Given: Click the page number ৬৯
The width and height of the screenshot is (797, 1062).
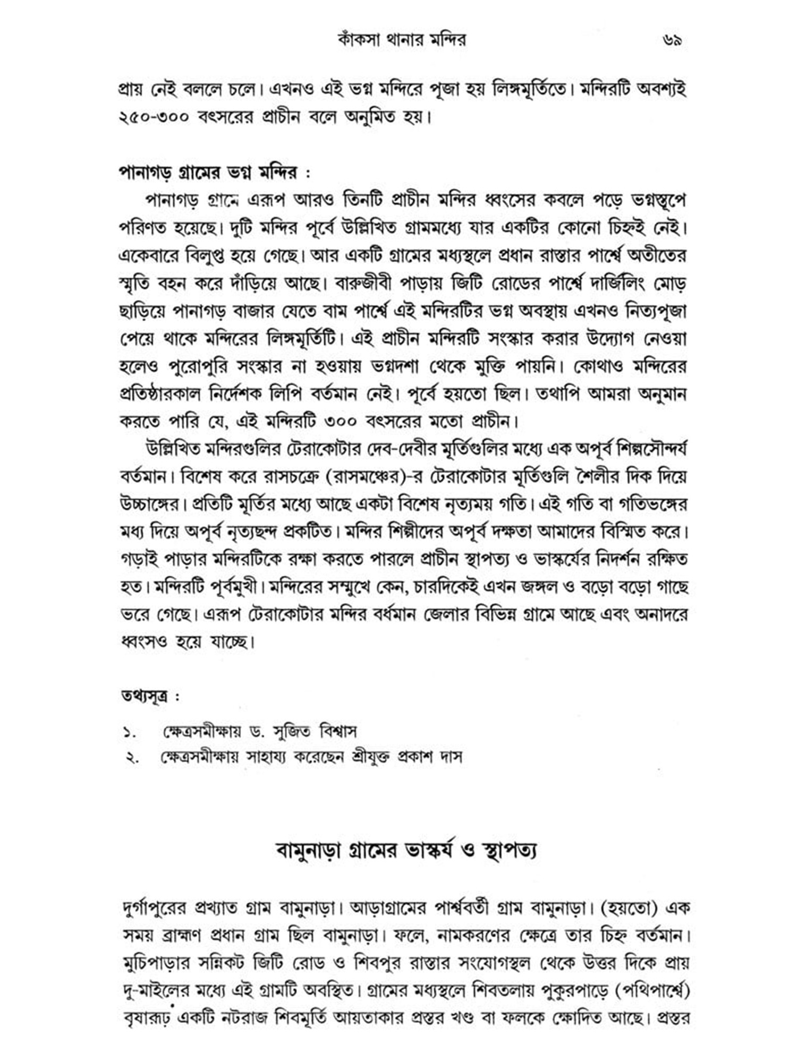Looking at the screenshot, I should (x=672, y=40).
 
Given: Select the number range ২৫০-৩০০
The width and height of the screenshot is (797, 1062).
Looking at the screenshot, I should (x=154, y=117).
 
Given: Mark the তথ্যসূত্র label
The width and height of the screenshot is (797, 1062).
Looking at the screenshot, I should (x=144, y=696).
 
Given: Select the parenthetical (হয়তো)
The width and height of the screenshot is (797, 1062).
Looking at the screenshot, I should (x=629, y=908).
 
